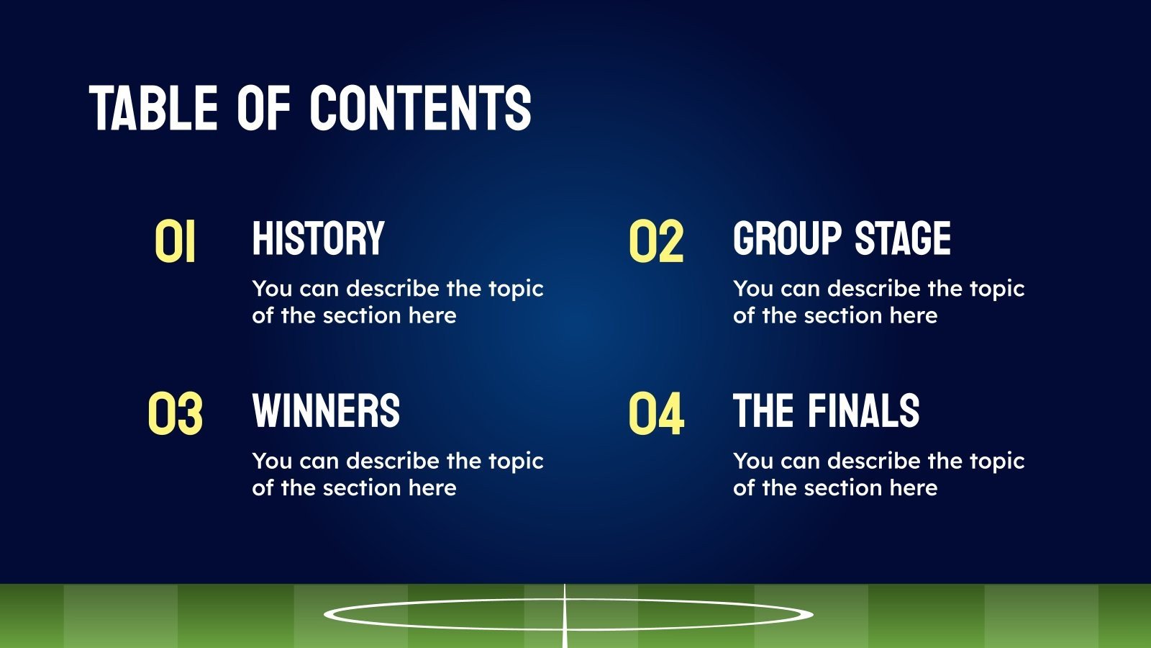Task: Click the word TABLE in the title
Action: (x=153, y=108)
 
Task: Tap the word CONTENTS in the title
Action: (x=421, y=108)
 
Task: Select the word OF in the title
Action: (x=263, y=108)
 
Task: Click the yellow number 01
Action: (x=175, y=242)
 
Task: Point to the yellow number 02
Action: (x=655, y=242)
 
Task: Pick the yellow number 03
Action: (x=175, y=414)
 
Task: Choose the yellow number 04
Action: (x=655, y=414)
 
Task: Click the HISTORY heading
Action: (x=318, y=238)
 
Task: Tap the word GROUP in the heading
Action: (x=787, y=238)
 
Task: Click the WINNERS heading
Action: (x=326, y=411)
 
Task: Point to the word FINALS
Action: (x=863, y=411)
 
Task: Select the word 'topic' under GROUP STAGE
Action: (x=997, y=289)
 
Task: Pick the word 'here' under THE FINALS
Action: (x=914, y=488)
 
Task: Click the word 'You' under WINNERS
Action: (x=272, y=461)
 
